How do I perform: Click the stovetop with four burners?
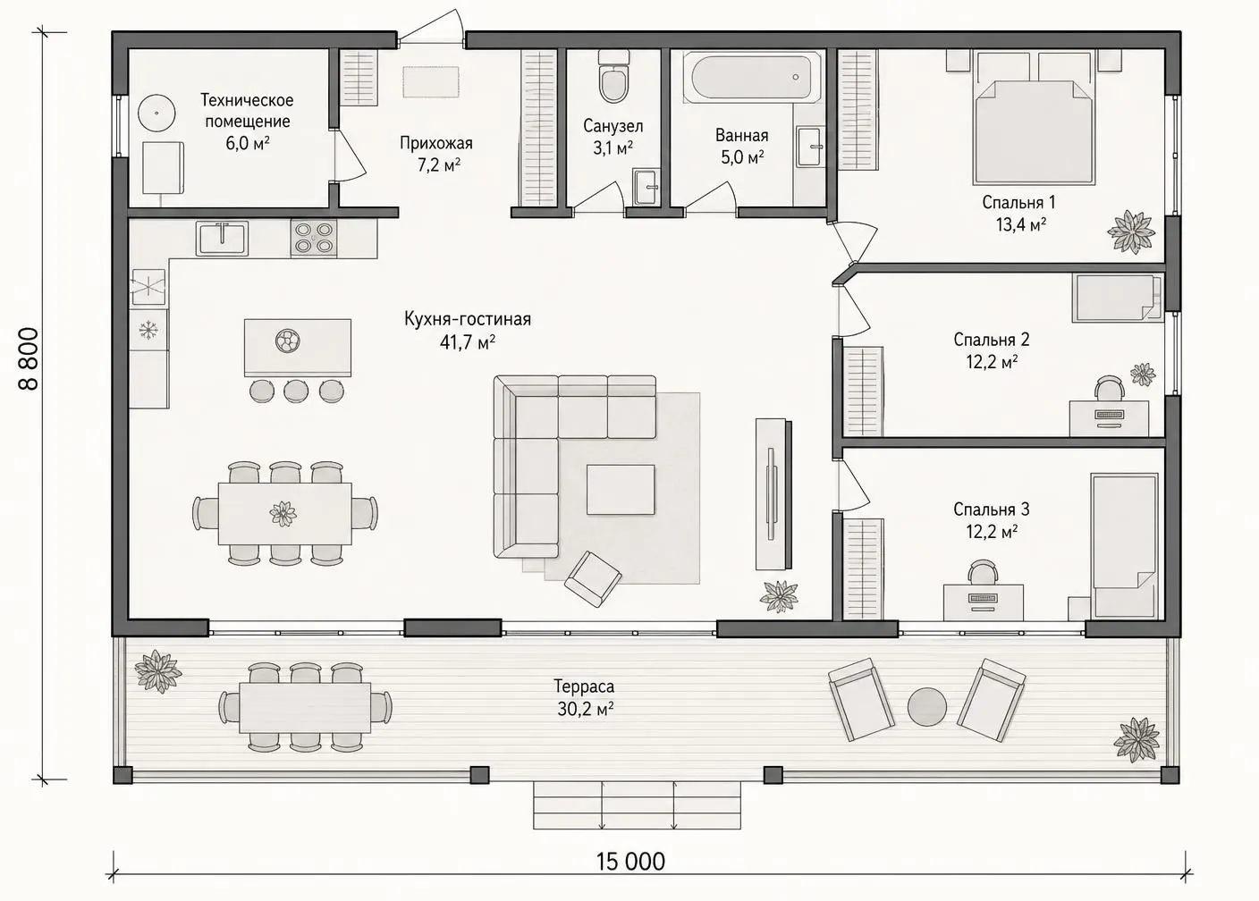[x=314, y=238]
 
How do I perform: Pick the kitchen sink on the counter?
[x=222, y=238]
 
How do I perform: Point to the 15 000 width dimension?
[x=630, y=861]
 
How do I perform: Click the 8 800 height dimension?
[x=30, y=359]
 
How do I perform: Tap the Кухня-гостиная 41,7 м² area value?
[x=468, y=342]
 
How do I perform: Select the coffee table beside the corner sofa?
[x=621, y=489]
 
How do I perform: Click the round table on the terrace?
[x=927, y=707]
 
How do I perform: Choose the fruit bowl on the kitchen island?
[x=288, y=341]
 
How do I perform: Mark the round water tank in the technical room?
[x=156, y=113]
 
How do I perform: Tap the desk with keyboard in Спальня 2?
[x=1109, y=418]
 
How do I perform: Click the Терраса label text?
[x=585, y=686]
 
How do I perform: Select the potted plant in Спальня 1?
[x=1130, y=231]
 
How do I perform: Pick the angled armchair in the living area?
[x=593, y=579]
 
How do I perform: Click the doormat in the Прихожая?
[x=431, y=82]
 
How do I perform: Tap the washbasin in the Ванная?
[x=810, y=147]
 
